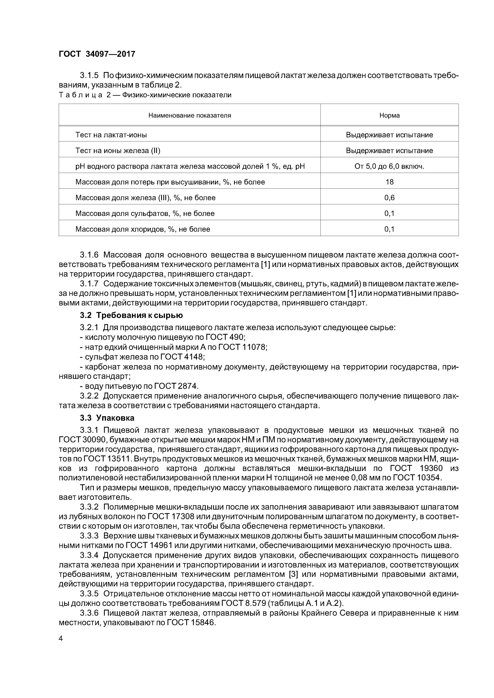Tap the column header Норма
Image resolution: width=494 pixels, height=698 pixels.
point(389,116)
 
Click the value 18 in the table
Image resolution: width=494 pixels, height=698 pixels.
point(389,182)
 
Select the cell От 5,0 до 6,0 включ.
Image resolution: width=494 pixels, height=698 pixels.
point(389,166)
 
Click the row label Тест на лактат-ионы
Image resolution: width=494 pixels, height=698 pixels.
point(111,135)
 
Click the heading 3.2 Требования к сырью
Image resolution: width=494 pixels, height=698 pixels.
point(131,315)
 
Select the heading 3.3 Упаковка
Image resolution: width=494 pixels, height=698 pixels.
point(107,418)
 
